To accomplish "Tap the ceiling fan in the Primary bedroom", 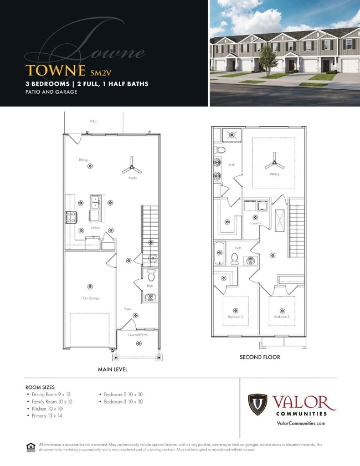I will [x=274, y=163].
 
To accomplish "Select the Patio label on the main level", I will [x=93, y=120].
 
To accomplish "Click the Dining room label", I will [x=83, y=160].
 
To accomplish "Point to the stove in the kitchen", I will [x=70, y=218].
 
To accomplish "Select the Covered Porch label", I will [x=137, y=335].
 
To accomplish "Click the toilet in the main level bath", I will [x=152, y=275].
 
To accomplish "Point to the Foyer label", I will [x=127, y=309].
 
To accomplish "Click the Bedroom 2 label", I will [x=235, y=317].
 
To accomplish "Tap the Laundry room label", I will [x=255, y=223].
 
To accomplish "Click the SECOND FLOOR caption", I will [x=260, y=357].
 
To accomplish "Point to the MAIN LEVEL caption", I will [x=114, y=369].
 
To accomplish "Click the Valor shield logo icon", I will [x=257, y=405].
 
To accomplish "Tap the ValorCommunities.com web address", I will [x=300, y=423].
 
